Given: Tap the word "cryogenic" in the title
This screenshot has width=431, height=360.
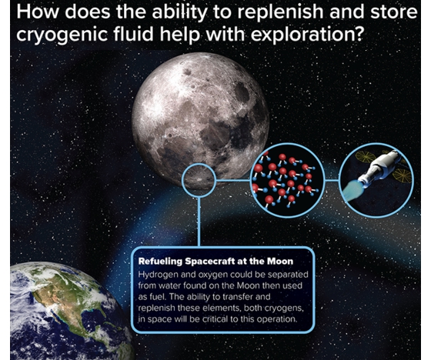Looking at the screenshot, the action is coord(62,35).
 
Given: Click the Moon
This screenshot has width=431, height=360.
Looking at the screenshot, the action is coord(200,120).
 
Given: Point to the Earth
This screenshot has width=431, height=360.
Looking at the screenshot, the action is coord(68,311).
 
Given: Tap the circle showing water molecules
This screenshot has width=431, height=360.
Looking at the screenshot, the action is coord(288,180).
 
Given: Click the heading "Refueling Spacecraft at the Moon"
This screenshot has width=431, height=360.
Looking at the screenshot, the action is coord(215,261).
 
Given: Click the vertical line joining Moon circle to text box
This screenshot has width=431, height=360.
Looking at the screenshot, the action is coord(199,222).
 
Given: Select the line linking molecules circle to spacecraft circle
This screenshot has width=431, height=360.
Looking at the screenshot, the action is coord(332,181).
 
